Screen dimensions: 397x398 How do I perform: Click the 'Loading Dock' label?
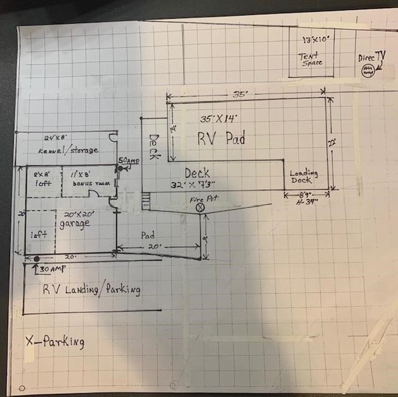point(304,177)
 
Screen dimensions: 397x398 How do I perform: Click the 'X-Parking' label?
point(55,342)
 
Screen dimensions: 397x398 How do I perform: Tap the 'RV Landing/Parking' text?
point(91,290)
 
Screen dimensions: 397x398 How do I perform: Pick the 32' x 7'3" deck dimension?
point(197,185)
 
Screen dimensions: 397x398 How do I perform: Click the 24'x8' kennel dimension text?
point(55,138)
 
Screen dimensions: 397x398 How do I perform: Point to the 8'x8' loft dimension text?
point(44,176)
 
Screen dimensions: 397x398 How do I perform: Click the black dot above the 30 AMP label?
point(37,258)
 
